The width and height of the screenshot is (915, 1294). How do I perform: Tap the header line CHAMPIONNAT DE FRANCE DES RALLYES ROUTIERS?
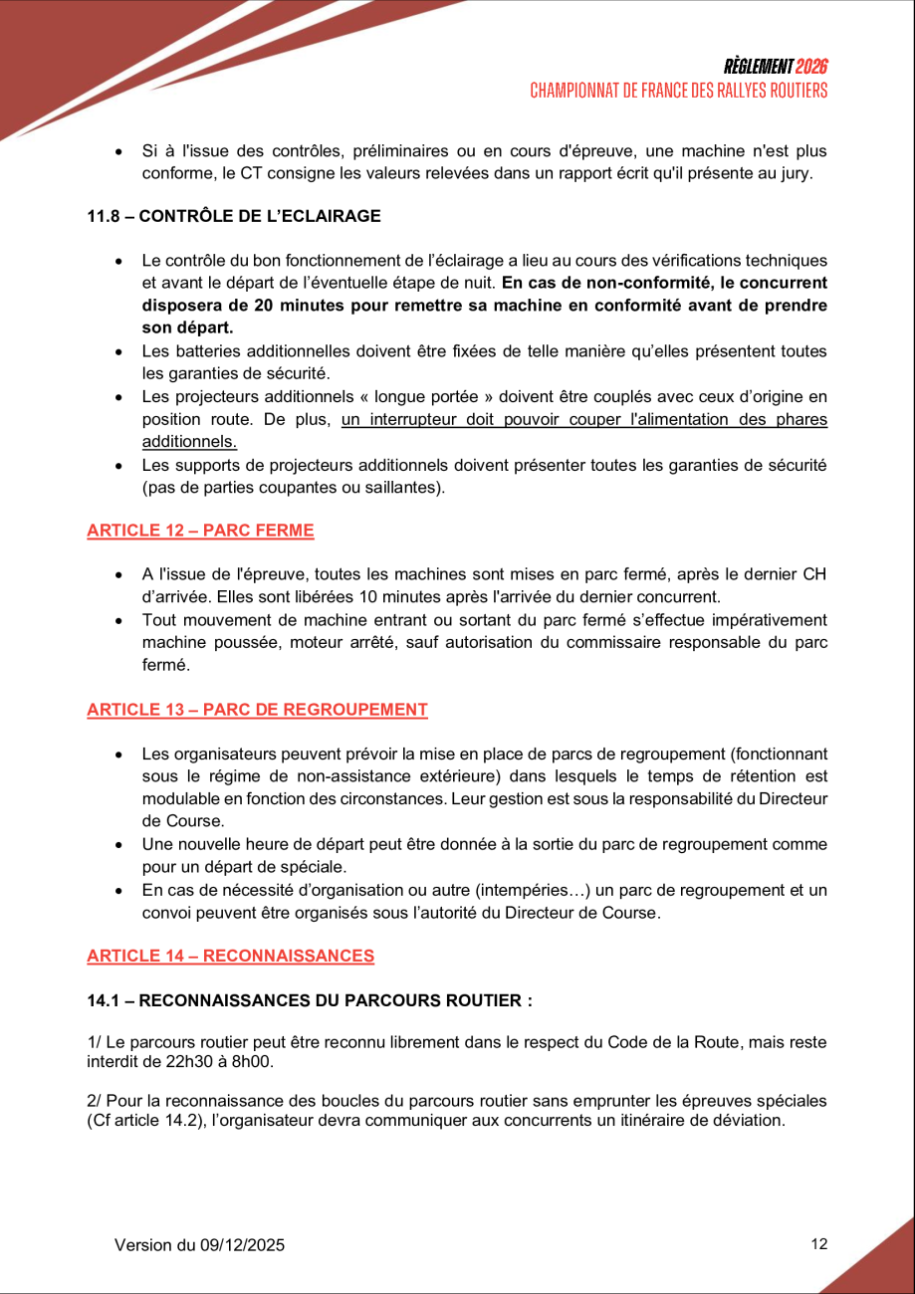pyautogui.click(x=679, y=91)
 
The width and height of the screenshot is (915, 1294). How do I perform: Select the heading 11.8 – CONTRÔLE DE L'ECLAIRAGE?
pyautogui.click(x=234, y=216)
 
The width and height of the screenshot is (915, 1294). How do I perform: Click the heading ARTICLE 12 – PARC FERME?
pyautogui.click(x=200, y=531)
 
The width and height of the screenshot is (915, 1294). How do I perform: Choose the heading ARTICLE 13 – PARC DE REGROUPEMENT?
pyautogui.click(x=257, y=710)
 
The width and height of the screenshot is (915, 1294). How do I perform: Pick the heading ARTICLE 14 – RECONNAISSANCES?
pyautogui.click(x=230, y=957)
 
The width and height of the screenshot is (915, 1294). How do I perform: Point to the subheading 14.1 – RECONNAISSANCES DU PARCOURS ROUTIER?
pyautogui.click(x=309, y=1001)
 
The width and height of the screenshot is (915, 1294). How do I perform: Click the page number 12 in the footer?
pyautogui.click(x=819, y=1243)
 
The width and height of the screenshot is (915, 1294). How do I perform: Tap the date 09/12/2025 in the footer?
pyautogui.click(x=243, y=1245)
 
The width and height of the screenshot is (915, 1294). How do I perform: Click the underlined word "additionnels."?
pyautogui.click(x=189, y=441)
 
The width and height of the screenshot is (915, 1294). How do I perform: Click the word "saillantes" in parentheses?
pyautogui.click(x=402, y=488)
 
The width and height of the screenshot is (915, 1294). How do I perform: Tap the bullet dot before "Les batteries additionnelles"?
pyautogui.click(x=118, y=352)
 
